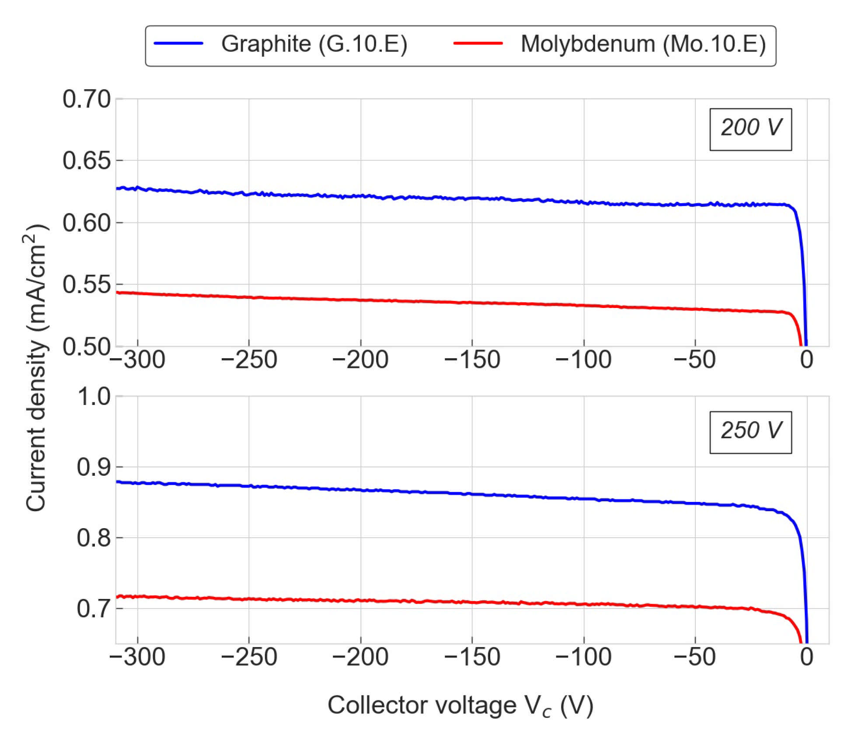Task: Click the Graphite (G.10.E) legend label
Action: (x=314, y=44)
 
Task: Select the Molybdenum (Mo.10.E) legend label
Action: (x=642, y=44)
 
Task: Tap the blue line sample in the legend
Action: (x=178, y=43)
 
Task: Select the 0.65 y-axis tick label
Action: (x=86, y=161)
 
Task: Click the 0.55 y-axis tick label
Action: (x=86, y=284)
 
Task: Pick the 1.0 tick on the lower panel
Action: (x=93, y=397)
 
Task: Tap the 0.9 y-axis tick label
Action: (x=93, y=467)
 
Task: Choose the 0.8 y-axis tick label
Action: (x=93, y=538)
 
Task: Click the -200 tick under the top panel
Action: (x=360, y=360)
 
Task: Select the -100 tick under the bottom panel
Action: (x=583, y=657)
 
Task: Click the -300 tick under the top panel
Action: (x=137, y=360)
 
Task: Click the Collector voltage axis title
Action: (x=460, y=705)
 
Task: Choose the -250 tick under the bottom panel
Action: (x=248, y=657)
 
